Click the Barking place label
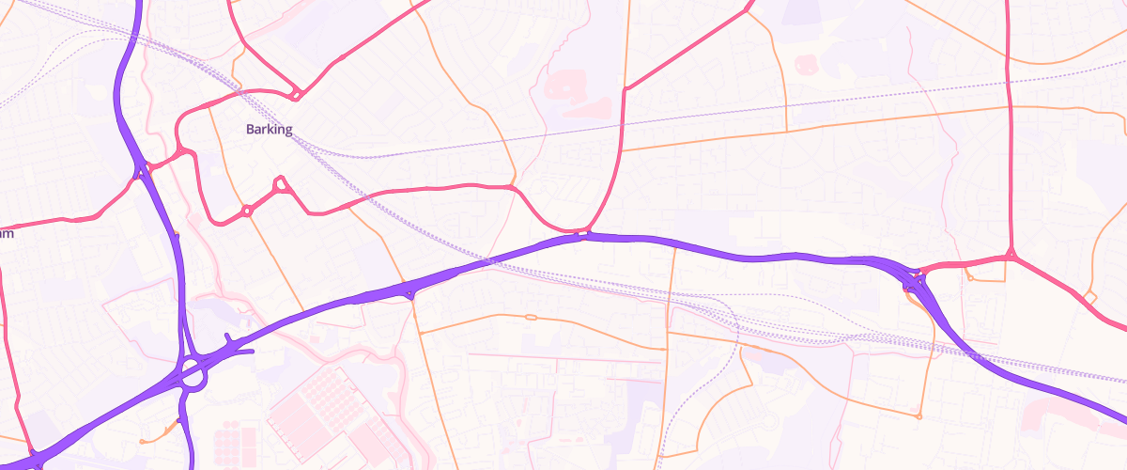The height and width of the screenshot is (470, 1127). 270,130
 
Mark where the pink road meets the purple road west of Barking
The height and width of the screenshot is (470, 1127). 142,171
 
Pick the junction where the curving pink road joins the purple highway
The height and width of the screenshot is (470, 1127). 583,233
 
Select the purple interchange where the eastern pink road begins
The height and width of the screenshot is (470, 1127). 914,278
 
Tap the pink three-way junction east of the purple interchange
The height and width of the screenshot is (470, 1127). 1011,254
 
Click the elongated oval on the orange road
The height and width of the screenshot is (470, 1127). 531,318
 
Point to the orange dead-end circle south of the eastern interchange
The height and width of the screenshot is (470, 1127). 919,415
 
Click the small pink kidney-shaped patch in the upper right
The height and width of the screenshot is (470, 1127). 806,64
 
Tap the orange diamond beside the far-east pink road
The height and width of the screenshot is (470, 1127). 1089,298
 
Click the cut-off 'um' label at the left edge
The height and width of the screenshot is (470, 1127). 6,233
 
